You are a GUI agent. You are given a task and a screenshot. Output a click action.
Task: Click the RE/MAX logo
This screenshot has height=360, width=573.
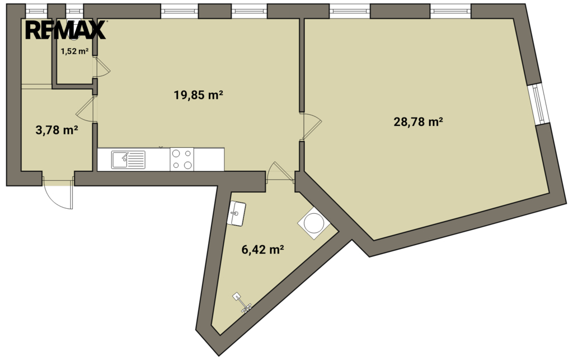[x=65, y=30]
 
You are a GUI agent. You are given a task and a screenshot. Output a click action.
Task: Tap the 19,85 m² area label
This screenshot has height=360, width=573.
[x=199, y=95]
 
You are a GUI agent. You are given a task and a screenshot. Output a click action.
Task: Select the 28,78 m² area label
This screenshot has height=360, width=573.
[x=418, y=121]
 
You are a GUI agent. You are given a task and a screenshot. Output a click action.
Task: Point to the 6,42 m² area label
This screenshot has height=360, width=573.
[x=263, y=250]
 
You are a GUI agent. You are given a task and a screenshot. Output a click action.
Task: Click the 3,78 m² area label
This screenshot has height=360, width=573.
[x=57, y=130]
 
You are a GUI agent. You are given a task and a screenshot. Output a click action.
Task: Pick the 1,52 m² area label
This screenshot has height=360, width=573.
[x=74, y=51]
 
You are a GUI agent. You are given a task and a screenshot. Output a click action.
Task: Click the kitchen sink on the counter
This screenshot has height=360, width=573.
[x=128, y=160]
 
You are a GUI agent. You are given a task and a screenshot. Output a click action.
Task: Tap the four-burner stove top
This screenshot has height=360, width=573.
[x=182, y=160]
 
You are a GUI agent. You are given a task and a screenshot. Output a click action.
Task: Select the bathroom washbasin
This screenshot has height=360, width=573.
[x=237, y=213]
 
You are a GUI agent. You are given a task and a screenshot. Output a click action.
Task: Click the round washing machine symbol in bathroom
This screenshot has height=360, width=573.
[x=314, y=223]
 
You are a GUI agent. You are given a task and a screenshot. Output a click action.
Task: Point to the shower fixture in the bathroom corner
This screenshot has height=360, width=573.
[x=242, y=302]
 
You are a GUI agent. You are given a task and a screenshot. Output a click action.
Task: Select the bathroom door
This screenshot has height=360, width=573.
[x=280, y=172]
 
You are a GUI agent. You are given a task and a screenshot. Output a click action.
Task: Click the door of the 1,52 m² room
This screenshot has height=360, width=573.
[x=103, y=68]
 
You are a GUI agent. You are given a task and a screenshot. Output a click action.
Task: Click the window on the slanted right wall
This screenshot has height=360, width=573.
[x=538, y=104]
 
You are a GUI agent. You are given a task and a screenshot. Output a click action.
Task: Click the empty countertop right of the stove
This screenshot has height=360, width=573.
[x=209, y=160]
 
